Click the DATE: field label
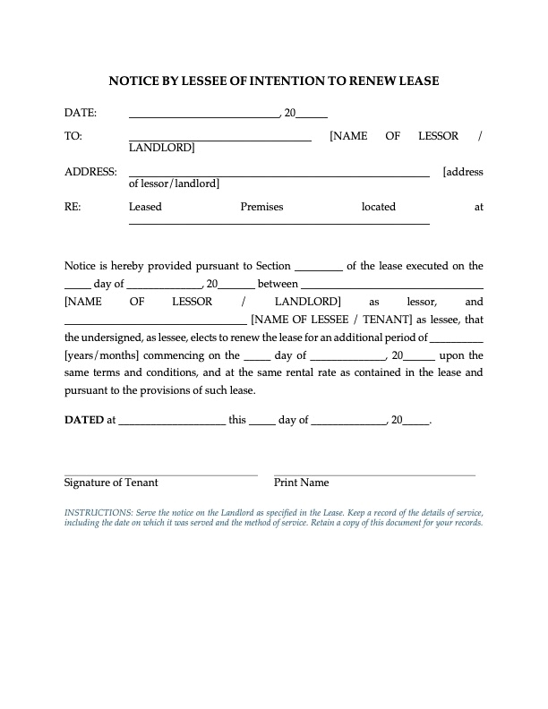coord(81,113)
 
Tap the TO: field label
coord(73,136)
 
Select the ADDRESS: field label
coord(90,171)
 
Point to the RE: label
coord(73,207)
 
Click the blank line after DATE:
coord(204,117)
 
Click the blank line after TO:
coord(220,141)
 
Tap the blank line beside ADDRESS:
coord(279,175)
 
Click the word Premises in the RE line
coord(261,207)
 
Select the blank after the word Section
coord(318,269)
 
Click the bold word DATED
coord(84,419)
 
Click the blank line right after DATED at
coord(171,423)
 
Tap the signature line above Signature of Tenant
coord(161,474)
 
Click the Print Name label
coord(302,483)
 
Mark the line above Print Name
coord(374,474)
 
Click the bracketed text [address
coord(463,171)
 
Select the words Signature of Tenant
coord(111,483)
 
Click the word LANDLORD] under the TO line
coord(162,148)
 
